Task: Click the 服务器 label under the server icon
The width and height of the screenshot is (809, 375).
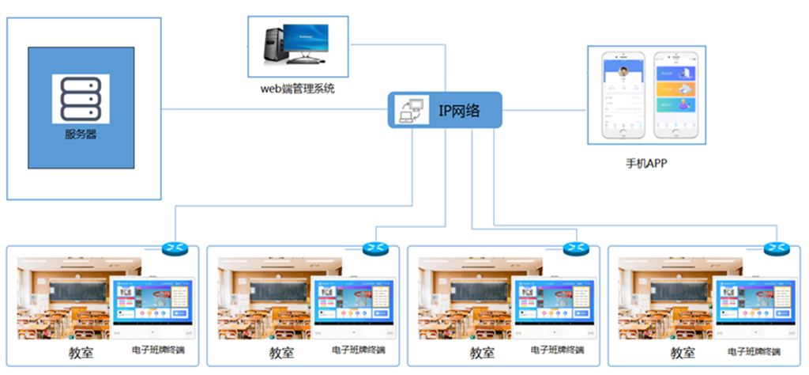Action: [81, 134]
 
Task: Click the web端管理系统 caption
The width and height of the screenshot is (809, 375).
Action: [298, 89]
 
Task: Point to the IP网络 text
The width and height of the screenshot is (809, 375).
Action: [459, 110]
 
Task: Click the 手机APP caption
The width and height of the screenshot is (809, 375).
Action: [646, 164]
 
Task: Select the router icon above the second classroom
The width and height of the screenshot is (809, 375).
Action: [375, 248]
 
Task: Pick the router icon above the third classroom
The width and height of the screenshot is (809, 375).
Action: [576, 248]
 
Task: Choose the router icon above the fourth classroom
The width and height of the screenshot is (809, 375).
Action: [777, 248]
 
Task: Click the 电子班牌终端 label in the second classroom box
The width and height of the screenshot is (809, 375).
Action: [358, 350]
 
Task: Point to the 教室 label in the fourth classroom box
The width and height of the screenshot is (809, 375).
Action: [683, 353]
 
